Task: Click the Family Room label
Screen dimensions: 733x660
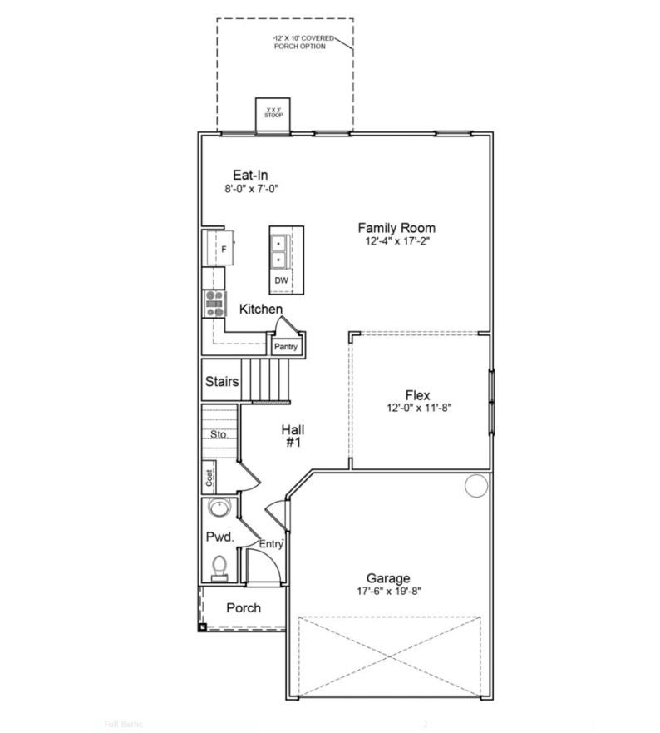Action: tap(396, 228)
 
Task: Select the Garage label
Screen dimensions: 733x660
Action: tap(388, 578)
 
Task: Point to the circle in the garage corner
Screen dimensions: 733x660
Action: tap(475, 486)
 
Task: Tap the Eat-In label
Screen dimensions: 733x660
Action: tap(250, 175)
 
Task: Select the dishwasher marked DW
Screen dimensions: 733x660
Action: tap(282, 281)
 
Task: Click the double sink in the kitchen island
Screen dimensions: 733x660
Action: tap(278, 250)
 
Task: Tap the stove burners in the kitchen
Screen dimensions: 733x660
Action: tap(214, 303)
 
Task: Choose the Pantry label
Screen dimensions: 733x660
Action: tap(286, 346)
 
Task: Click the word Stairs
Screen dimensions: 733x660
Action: tap(222, 382)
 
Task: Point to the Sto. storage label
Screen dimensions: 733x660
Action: tap(219, 434)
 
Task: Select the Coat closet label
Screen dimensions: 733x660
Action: tap(210, 478)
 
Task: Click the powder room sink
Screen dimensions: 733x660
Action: tap(220, 508)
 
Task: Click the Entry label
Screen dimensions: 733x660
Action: tap(271, 544)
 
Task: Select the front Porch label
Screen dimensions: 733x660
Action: tap(244, 608)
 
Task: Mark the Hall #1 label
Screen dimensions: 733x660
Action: tap(292, 436)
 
